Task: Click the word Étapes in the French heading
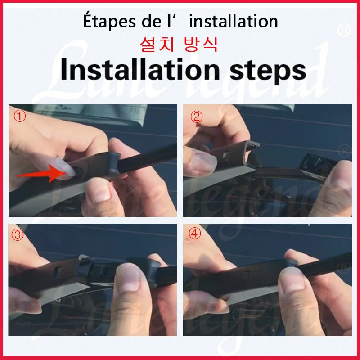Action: pyautogui.click(x=109, y=21)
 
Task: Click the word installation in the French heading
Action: pyautogui.click(x=234, y=21)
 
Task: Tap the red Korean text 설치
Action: pyautogui.click(x=157, y=44)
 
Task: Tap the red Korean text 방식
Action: pyautogui.click(x=200, y=44)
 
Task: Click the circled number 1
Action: pyautogui.click(x=20, y=116)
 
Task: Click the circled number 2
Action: pyautogui.click(x=197, y=117)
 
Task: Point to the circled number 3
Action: pyautogui.click(x=18, y=235)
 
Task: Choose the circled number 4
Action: pyautogui.click(x=194, y=234)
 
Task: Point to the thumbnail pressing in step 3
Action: pyautogui.click(x=130, y=279)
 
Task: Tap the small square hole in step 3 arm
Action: pyautogui.click(x=57, y=272)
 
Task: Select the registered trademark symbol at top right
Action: pyautogui.click(x=344, y=31)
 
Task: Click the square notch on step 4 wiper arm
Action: pyautogui.click(x=246, y=275)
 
